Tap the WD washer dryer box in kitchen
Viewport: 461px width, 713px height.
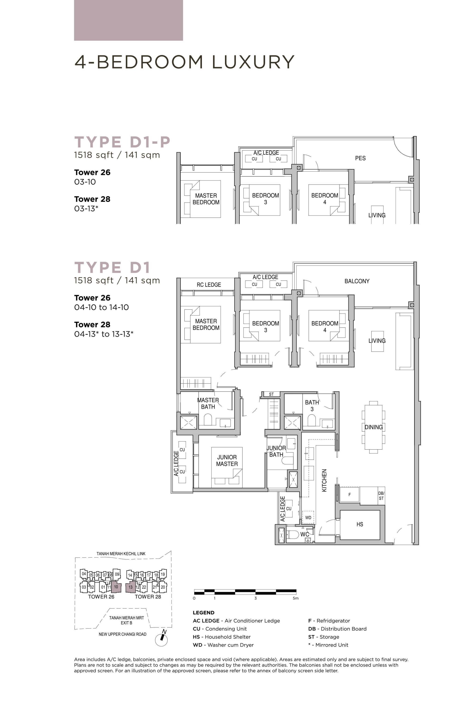(x=308, y=517)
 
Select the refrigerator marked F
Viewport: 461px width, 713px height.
(x=349, y=495)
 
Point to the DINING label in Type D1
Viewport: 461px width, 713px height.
(x=373, y=427)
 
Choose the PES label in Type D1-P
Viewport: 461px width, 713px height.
(x=360, y=158)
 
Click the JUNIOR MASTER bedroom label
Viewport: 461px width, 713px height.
(x=227, y=460)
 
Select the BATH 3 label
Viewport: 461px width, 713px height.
(x=312, y=406)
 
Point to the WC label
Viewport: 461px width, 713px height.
(x=304, y=534)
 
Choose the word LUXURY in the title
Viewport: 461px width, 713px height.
(x=253, y=62)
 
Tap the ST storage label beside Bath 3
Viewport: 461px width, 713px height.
(x=271, y=394)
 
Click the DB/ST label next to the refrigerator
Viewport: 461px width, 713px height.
(x=381, y=496)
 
